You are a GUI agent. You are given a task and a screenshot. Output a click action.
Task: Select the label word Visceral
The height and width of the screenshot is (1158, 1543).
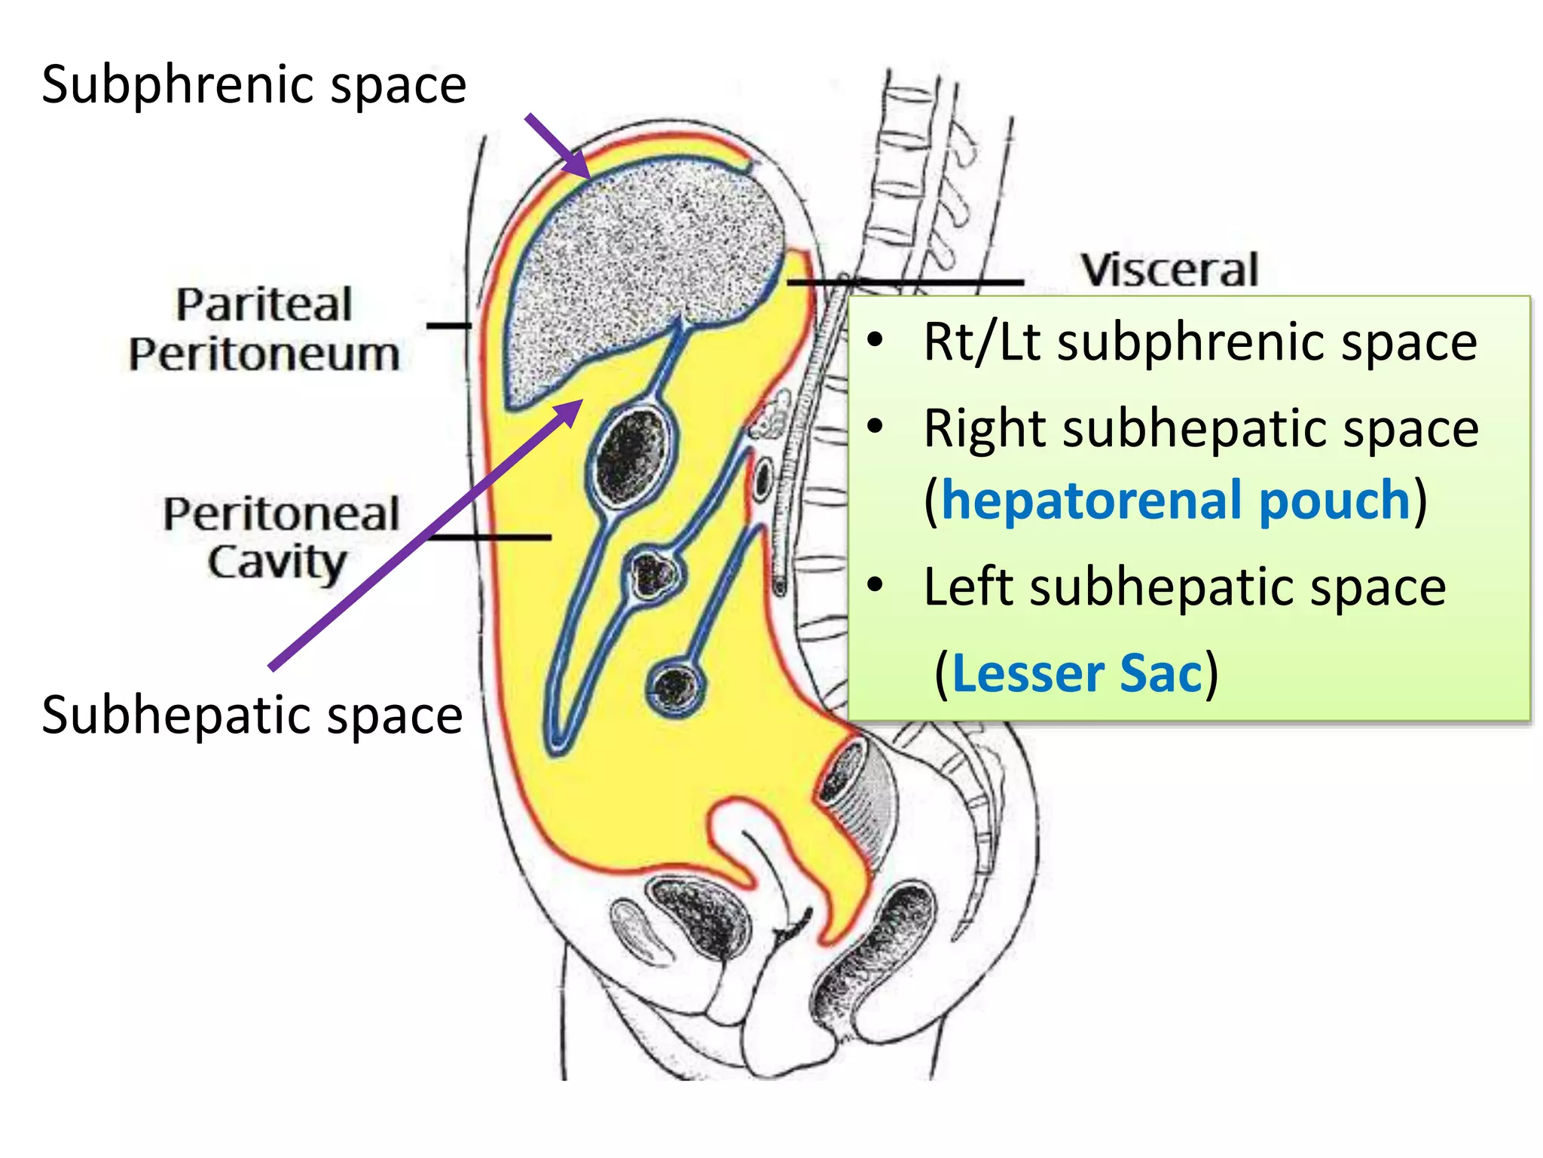(1169, 270)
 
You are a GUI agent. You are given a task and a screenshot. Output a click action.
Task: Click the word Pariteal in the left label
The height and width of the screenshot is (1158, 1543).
(264, 305)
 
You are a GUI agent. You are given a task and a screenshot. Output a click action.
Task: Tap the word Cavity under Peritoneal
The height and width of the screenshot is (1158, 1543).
(277, 562)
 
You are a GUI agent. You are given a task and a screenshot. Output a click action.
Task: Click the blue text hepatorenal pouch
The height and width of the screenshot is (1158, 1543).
(1175, 500)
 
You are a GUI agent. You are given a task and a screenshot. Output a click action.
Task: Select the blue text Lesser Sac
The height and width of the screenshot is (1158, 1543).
(1077, 673)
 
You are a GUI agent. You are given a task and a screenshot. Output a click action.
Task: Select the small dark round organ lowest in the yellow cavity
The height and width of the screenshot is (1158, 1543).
(675, 685)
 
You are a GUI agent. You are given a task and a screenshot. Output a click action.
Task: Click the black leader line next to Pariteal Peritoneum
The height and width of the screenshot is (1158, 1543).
(448, 326)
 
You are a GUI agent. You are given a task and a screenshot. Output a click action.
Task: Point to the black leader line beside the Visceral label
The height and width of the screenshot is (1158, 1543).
(904, 282)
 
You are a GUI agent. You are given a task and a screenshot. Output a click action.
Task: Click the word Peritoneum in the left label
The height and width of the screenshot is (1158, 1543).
(264, 354)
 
